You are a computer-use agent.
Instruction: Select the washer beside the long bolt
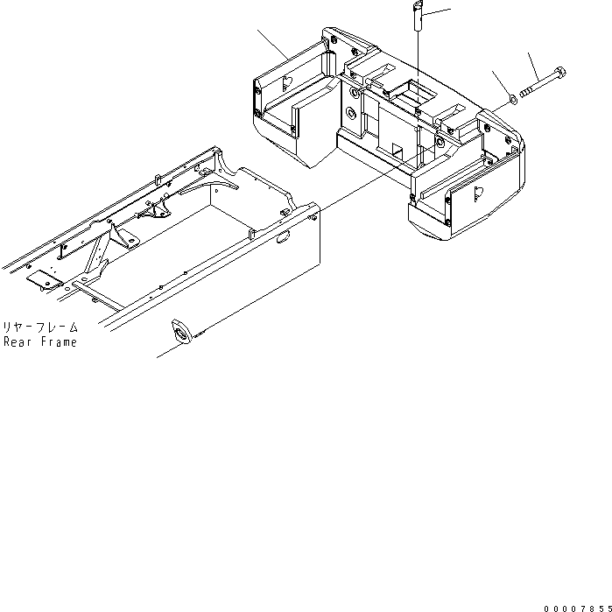pyautogui.click(x=512, y=99)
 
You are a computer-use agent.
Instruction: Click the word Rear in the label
pyautogui.click(x=18, y=341)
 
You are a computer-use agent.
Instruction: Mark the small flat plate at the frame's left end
pyautogui.click(x=39, y=281)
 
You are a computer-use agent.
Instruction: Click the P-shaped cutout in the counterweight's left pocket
pyautogui.click(x=289, y=84)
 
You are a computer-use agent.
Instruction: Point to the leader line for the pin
pyautogui.click(x=438, y=13)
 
